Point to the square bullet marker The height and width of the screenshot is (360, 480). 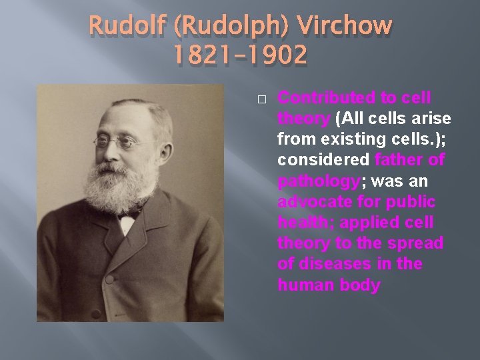261,99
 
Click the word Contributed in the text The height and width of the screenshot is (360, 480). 327,98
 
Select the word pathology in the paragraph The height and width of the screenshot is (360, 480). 318,181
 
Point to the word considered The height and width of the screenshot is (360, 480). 323,161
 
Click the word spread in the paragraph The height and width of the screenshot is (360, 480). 417,243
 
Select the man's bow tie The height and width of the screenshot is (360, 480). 129,215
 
